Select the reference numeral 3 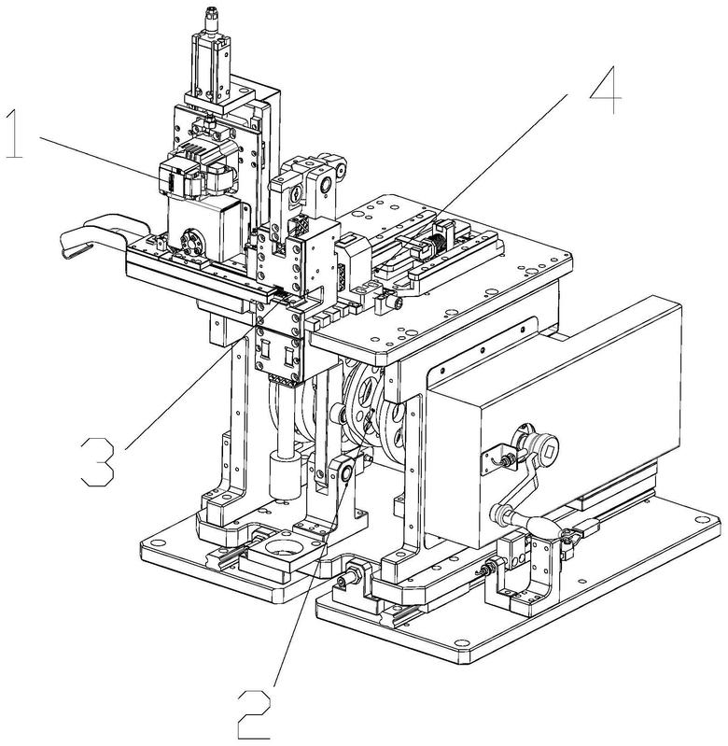pyautogui.click(x=98, y=461)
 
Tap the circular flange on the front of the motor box pyautogui.click(x=192, y=244)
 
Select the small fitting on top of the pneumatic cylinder pyautogui.click(x=210, y=18)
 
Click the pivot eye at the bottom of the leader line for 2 pyautogui.click(x=345, y=472)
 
